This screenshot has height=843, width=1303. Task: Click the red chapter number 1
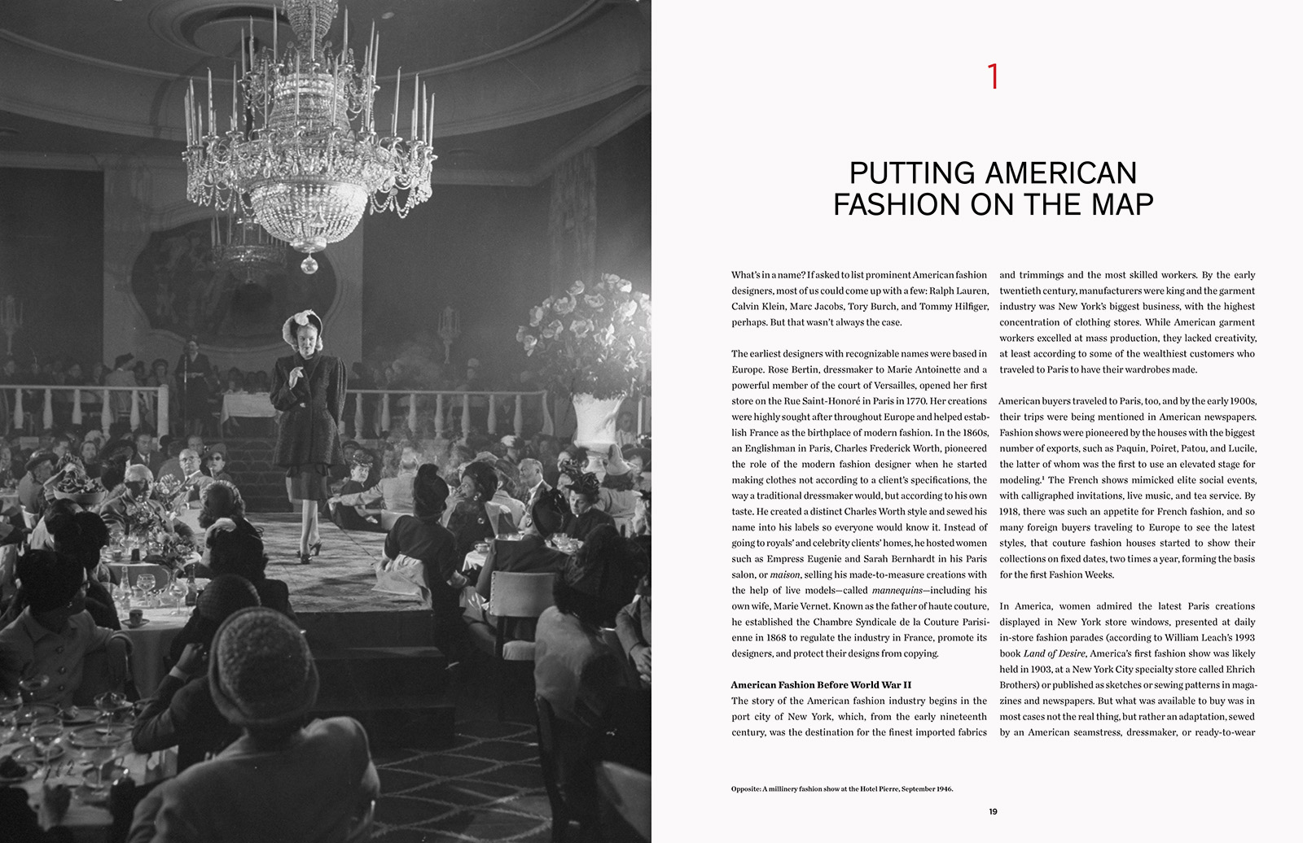click(x=993, y=76)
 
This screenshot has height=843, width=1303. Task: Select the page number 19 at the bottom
click(x=993, y=811)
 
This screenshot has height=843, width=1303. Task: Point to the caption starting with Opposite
click(x=841, y=789)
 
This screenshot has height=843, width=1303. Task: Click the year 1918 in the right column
click(x=1012, y=511)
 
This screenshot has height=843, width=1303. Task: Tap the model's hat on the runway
click(x=296, y=325)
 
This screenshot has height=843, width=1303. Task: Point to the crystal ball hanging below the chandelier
click(x=309, y=264)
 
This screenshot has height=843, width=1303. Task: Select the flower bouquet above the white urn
click(x=586, y=325)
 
